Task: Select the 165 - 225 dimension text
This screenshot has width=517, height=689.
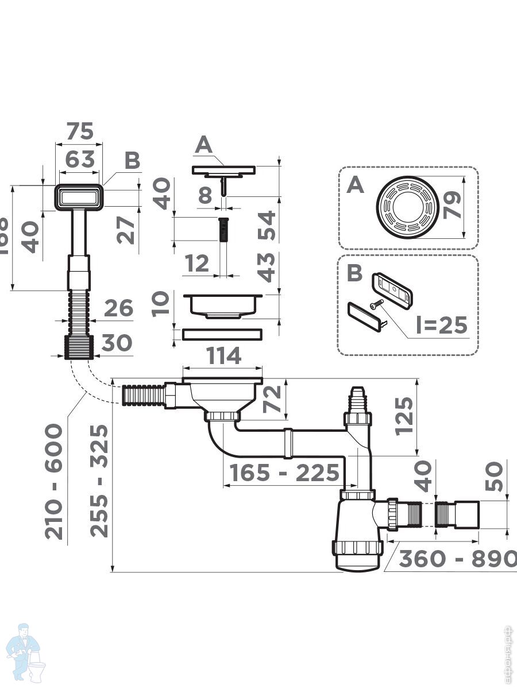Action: pos(284,473)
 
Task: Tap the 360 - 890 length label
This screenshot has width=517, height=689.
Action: pos(457,559)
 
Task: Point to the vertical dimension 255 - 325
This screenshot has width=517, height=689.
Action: pos(100,480)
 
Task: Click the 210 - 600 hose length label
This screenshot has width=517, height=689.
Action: pos(55,481)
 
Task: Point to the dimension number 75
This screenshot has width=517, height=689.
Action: pos(79,131)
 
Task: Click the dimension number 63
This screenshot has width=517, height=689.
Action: pos(79,159)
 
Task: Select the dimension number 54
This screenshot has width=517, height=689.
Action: pos(266,226)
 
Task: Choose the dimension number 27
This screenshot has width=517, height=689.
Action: pos(129,229)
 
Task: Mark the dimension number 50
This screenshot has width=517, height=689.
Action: pos(495,476)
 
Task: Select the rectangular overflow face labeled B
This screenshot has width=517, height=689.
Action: pos(79,198)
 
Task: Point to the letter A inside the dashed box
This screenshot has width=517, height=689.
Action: pos(356,185)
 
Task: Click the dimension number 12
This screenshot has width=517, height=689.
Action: pos(198,264)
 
